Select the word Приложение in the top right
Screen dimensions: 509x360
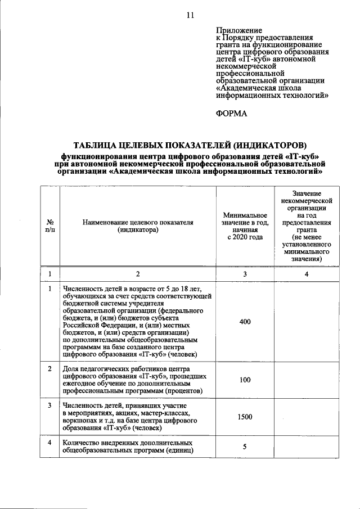(238, 29)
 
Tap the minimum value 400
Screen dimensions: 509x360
(245, 321)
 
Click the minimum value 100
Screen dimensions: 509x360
(245, 380)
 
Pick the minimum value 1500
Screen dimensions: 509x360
(245, 417)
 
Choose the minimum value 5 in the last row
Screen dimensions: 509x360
(245, 447)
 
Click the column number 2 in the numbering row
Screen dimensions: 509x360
(137, 274)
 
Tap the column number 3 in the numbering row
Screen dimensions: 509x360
(245, 274)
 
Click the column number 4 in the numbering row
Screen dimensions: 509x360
(306, 274)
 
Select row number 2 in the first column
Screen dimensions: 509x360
(50, 369)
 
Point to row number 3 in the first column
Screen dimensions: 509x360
(50, 405)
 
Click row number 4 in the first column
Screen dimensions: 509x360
(50, 443)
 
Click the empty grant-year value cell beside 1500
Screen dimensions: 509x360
(306, 417)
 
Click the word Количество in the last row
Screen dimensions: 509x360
(82, 443)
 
